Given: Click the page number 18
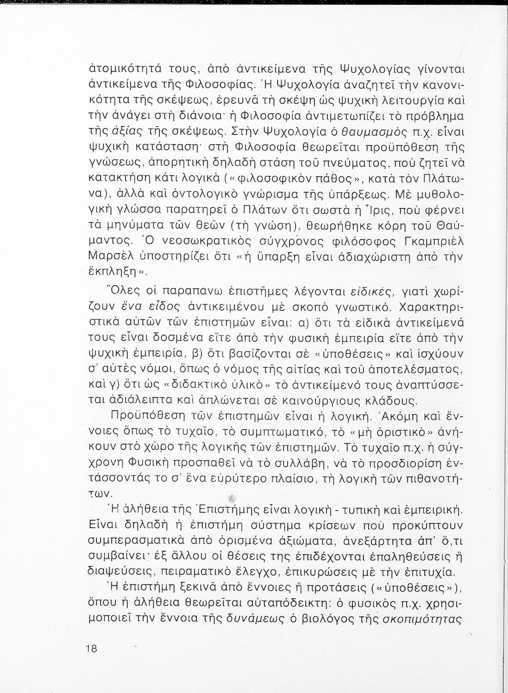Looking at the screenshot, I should (91, 648).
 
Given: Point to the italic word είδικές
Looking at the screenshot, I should (366, 291).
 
